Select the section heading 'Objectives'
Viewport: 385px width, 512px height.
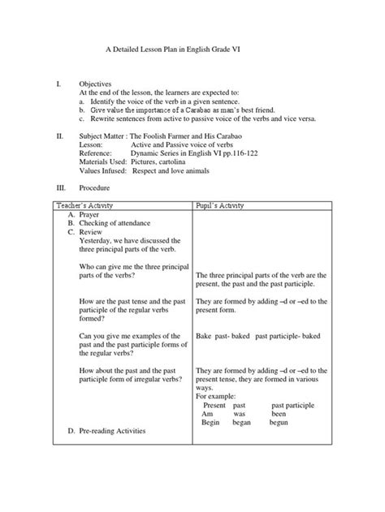pos(95,84)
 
